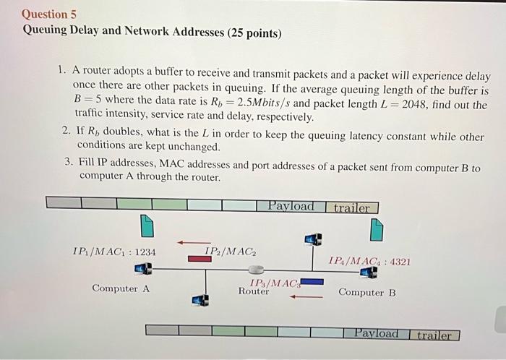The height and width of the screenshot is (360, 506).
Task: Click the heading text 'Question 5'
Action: coord(49,14)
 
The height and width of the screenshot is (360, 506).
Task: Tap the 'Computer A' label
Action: coord(121,288)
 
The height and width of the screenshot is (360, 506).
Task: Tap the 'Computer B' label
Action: coord(367,293)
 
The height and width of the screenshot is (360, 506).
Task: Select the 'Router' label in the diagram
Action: coord(254,292)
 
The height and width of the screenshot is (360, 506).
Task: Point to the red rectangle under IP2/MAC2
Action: coord(200,258)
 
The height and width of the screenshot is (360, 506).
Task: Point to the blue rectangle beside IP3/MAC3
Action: coord(312,282)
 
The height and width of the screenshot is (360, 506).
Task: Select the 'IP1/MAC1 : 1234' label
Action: coord(114,252)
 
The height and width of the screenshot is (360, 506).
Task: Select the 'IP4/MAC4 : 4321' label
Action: coord(369,261)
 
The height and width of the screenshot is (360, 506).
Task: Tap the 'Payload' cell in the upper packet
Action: coord(291,206)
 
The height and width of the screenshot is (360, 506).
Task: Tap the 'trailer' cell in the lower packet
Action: coord(434,335)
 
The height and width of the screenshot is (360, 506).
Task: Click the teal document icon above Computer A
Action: coord(147,226)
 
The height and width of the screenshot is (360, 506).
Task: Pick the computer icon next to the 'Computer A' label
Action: coord(143,270)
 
